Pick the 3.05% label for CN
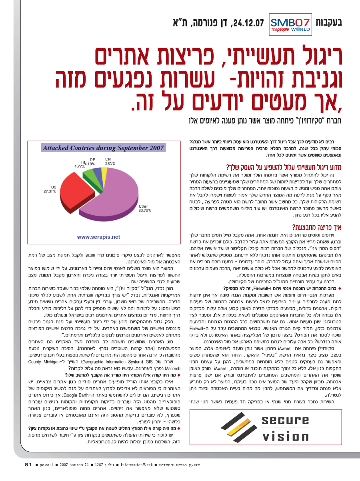click(110, 163)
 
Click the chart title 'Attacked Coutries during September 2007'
click(103, 148)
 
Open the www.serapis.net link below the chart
click(98, 237)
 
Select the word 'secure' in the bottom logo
click(283, 421)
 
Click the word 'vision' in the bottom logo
click(283, 436)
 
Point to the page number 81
click(28, 465)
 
